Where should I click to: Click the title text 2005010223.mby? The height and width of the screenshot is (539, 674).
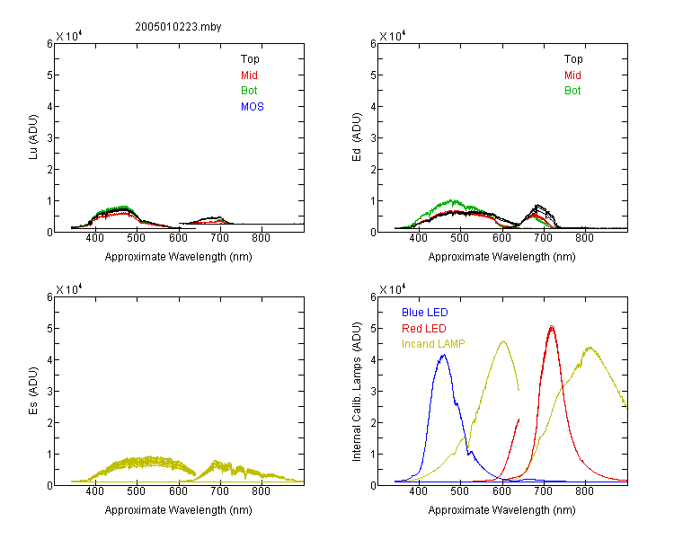pos(178,27)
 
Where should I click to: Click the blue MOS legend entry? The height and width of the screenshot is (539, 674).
pos(253,107)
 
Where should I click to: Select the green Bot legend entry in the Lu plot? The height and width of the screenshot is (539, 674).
pos(249,91)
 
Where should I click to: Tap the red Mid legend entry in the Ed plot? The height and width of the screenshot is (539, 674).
pos(572,75)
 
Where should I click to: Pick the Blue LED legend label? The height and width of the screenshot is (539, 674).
pos(425,313)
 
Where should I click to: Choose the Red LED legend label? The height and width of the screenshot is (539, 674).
pos(424,329)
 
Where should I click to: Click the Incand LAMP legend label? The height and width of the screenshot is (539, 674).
pos(433,344)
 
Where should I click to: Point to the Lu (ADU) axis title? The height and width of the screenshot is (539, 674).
pos(33,137)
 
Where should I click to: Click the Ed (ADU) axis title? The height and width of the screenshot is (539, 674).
pos(357,137)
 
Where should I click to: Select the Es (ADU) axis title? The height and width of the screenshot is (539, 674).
pos(33,391)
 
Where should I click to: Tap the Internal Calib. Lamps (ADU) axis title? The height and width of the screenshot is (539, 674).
pos(357,392)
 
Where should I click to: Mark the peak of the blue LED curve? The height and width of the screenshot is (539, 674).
pos(444,355)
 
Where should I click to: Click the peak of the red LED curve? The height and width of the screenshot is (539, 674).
pos(552,327)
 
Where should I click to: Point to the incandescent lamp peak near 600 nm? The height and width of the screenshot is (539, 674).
pos(503,341)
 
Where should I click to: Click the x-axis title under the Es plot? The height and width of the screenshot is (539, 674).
pos(179,510)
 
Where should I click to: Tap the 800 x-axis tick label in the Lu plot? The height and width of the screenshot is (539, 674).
pos(261,238)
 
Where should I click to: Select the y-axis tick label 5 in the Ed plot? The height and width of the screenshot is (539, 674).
pos(373,75)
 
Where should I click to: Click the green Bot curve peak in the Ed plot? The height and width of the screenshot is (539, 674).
pos(452,200)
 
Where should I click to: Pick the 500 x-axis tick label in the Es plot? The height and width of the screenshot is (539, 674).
pos(137,491)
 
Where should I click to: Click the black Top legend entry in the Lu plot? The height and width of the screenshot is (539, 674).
pos(250,59)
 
